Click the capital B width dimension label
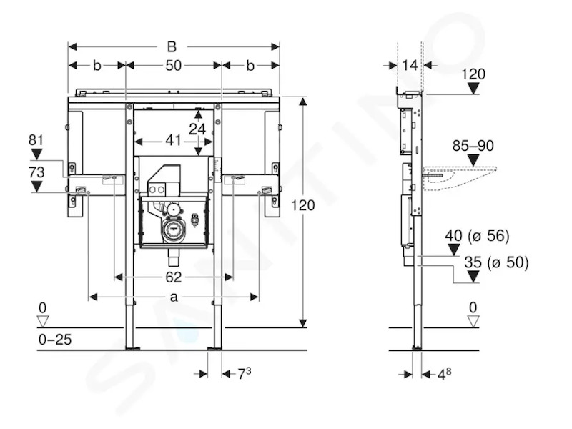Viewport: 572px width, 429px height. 172,46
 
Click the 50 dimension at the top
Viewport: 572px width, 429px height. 173,66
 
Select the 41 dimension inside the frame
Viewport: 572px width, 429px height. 173,140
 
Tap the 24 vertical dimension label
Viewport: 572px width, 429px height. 197,129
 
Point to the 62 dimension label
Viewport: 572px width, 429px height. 173,277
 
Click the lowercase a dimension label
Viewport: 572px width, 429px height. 174,297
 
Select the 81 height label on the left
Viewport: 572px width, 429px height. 36,140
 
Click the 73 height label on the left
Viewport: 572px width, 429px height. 36,172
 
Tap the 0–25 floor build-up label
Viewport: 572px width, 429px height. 55,340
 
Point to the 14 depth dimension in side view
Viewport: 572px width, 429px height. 410,65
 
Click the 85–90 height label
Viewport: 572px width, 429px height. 473,146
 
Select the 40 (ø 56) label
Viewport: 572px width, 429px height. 477,236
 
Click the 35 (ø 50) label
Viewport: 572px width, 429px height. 496,262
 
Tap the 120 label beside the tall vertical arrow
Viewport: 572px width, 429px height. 302,205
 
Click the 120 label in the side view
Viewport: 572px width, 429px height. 473,74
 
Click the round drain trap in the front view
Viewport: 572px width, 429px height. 174,229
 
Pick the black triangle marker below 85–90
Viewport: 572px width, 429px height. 473,160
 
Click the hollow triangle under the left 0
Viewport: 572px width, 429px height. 43,322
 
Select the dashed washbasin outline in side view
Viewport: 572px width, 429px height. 460,178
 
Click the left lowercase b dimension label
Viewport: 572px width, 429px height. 97,66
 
